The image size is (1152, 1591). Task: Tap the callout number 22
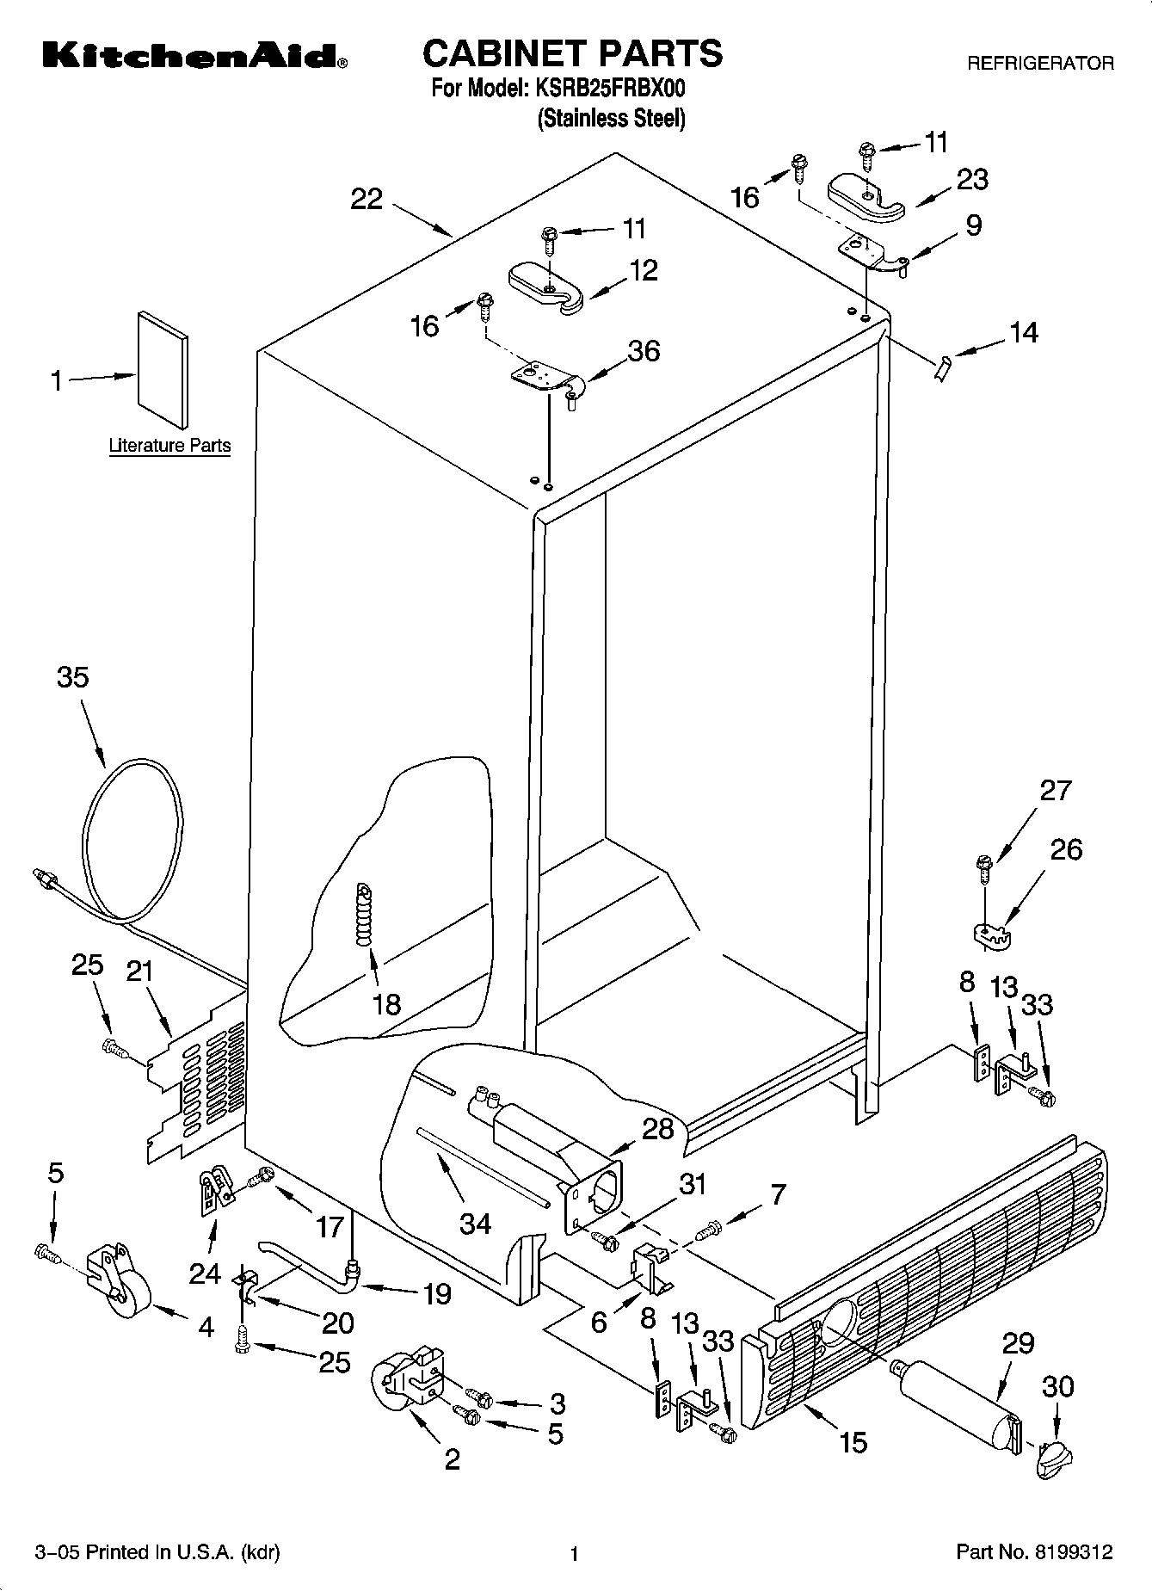[367, 199]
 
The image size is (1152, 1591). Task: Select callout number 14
[1023, 332]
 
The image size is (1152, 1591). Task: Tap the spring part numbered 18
[367, 917]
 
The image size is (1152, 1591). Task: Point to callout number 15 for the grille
[853, 1442]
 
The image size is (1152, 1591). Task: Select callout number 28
[658, 1128]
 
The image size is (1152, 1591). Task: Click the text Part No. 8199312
[1034, 1551]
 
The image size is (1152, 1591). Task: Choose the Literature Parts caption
[169, 445]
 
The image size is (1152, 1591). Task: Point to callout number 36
[644, 350]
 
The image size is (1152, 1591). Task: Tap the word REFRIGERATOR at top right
[1040, 63]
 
